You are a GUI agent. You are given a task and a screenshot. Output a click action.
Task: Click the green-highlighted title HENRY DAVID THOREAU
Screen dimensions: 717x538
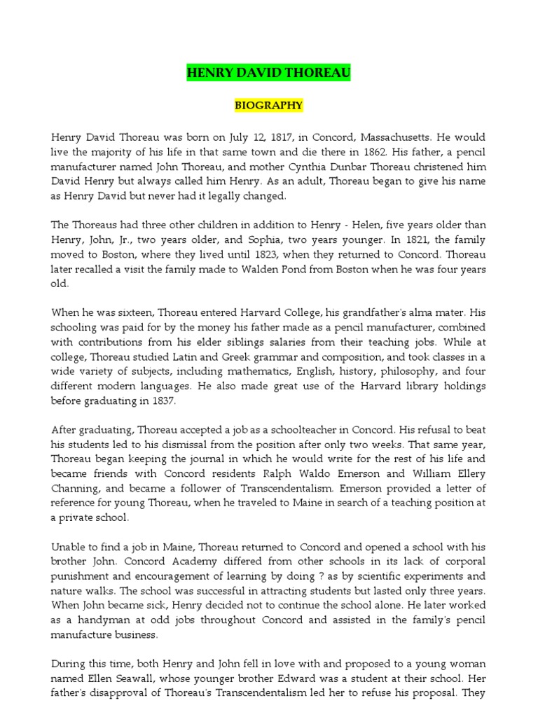269,73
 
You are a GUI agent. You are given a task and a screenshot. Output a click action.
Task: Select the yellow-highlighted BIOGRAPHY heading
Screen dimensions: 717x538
269,106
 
